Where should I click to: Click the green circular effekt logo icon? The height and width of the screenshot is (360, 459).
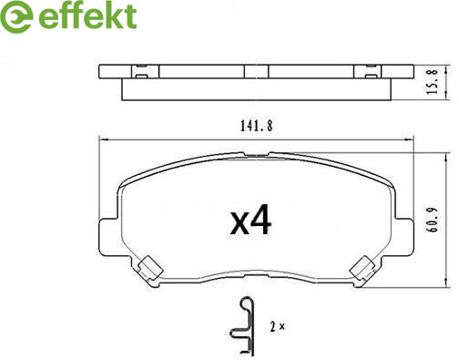point(16,16)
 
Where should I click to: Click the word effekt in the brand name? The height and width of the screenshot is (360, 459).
point(87,15)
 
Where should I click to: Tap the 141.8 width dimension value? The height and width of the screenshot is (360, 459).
point(257,126)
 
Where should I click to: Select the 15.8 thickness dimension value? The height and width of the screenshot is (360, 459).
point(433,81)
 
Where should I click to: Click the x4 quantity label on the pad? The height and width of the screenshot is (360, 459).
point(250,221)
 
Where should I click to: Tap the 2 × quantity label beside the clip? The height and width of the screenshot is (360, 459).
point(277,327)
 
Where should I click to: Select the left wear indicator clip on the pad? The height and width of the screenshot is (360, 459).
point(148,268)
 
